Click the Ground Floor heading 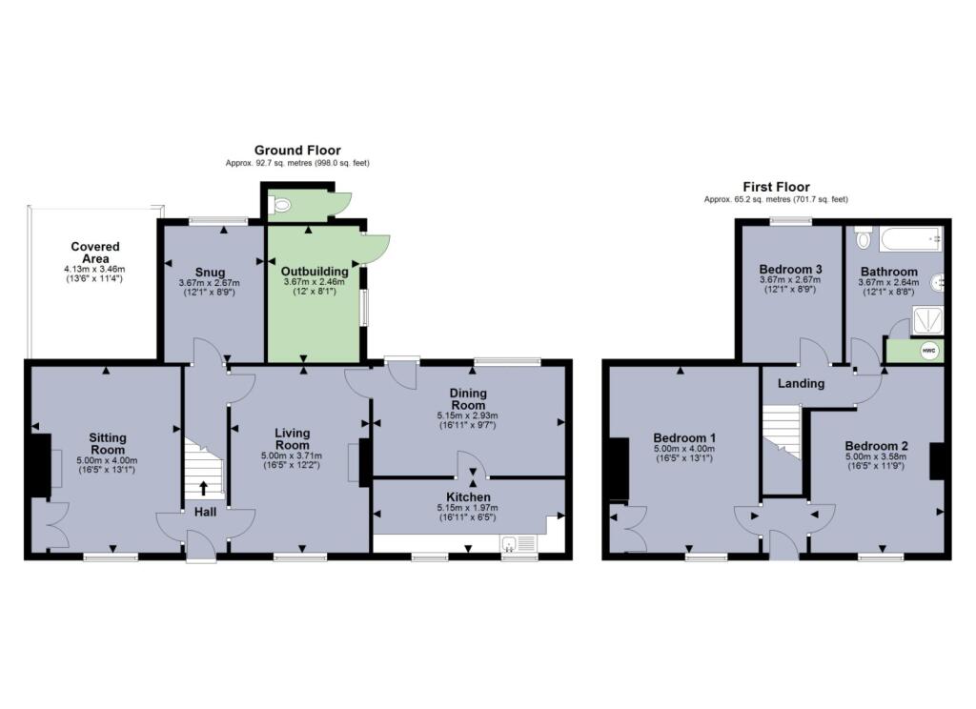click(296, 151)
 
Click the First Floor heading click(776, 187)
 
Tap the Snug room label click(209, 272)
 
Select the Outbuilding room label click(315, 272)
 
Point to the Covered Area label click(94, 253)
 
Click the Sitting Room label click(108, 444)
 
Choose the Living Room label click(292, 438)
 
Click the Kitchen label click(468, 497)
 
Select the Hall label click(205, 512)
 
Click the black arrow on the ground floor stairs click(204, 489)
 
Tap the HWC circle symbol click(927, 352)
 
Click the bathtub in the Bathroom click(911, 237)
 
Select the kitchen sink click(511, 545)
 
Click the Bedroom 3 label click(790, 270)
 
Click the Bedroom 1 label click(685, 438)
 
